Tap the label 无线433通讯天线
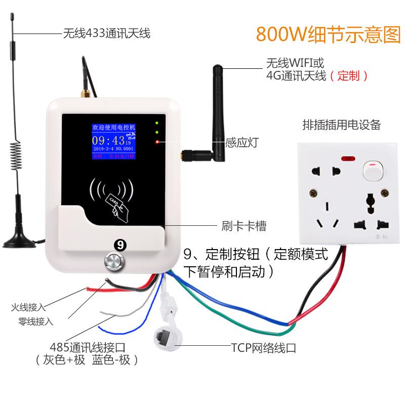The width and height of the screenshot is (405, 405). (106, 34)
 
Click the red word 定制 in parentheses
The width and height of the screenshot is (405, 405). (348, 76)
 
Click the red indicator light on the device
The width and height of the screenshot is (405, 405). (157, 142)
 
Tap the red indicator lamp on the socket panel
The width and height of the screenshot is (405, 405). (347, 159)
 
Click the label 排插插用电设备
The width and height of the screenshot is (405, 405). (341, 125)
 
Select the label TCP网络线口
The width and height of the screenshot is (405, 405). (263, 348)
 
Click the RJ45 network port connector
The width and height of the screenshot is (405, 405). (165, 335)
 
